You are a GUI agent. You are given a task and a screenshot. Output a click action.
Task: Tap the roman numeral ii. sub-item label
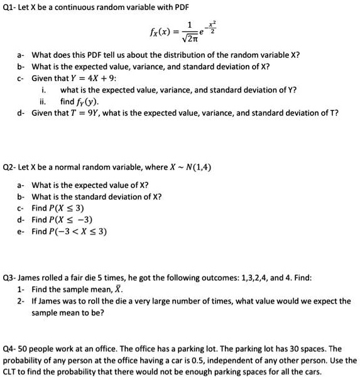pos(42,101)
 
